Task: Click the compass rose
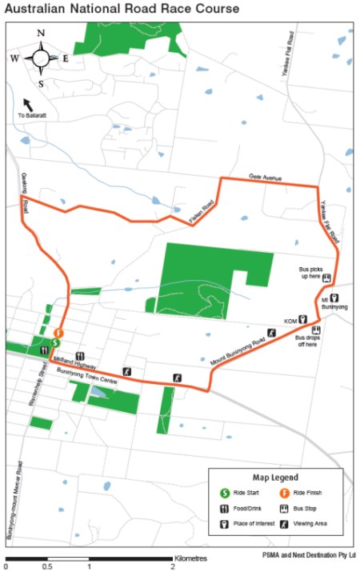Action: [39, 58]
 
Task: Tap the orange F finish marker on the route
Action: [58, 333]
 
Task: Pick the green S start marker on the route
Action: [54, 342]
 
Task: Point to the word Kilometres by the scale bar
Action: [190, 557]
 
